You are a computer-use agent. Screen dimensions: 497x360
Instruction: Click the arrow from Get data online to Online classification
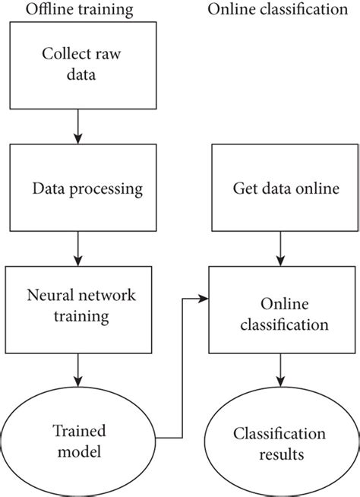282,247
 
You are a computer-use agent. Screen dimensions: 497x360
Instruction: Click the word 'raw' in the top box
107,55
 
